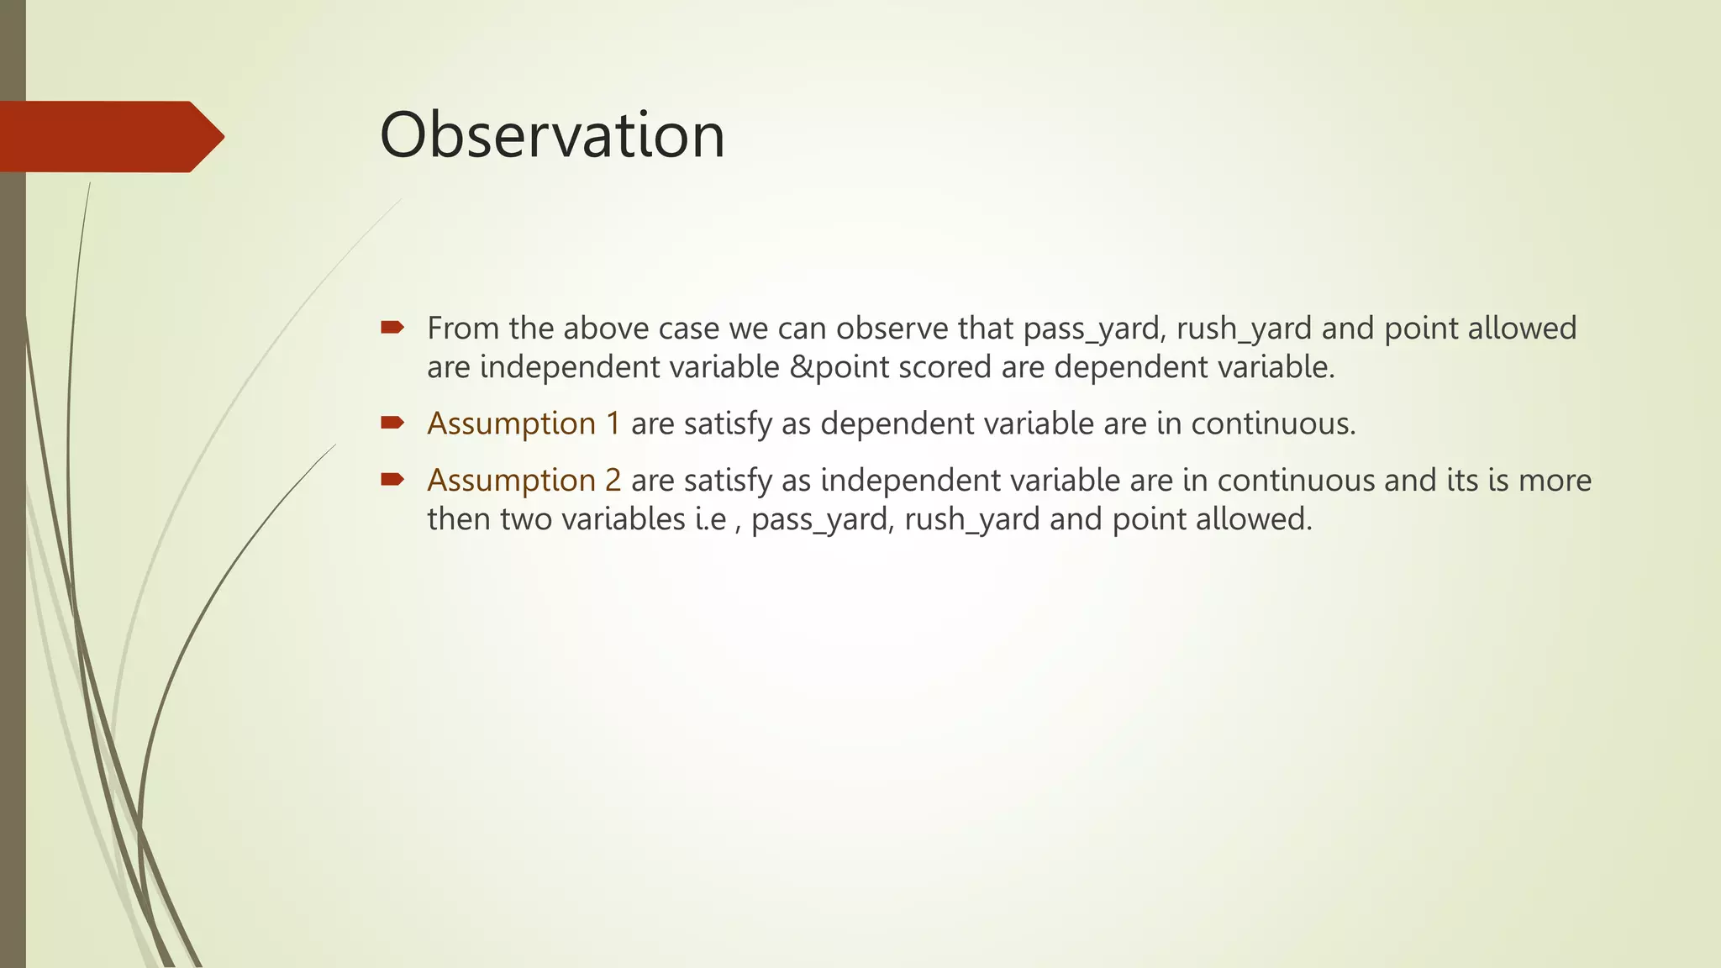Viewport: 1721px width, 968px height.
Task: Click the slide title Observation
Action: point(552,135)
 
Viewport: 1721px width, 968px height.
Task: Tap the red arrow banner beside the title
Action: point(109,136)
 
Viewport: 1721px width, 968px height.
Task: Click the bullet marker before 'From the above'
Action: point(392,327)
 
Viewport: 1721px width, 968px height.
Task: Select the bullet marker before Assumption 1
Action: point(392,422)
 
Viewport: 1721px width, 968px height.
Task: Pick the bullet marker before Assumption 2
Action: point(392,479)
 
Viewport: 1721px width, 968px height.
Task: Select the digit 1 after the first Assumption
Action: point(613,423)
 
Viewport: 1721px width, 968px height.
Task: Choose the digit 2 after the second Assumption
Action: point(613,481)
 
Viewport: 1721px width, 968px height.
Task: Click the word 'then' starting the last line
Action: point(459,519)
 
